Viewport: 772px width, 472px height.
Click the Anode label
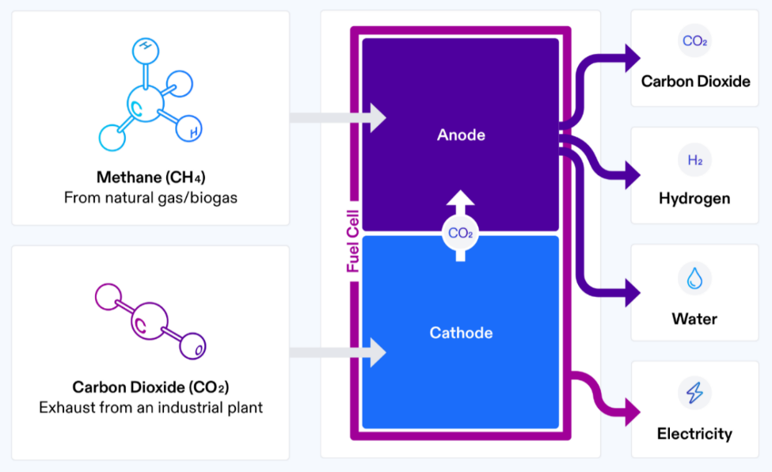pos(461,135)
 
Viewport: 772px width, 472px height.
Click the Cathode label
pos(461,333)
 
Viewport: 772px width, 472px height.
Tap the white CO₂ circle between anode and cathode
pos(461,233)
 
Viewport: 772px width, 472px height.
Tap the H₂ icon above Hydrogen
pos(694,160)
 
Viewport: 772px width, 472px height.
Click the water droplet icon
pos(694,278)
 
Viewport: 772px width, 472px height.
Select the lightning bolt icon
pos(694,393)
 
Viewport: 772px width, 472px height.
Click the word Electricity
pos(694,433)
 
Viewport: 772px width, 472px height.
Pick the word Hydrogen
pos(694,198)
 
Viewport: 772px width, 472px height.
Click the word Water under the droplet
pos(694,319)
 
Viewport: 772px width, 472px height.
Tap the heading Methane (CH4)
pos(150,176)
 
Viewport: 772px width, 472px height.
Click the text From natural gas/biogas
pos(150,197)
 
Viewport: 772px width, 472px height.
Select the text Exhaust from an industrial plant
pos(150,408)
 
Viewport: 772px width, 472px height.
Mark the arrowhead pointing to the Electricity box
pos(631,412)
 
